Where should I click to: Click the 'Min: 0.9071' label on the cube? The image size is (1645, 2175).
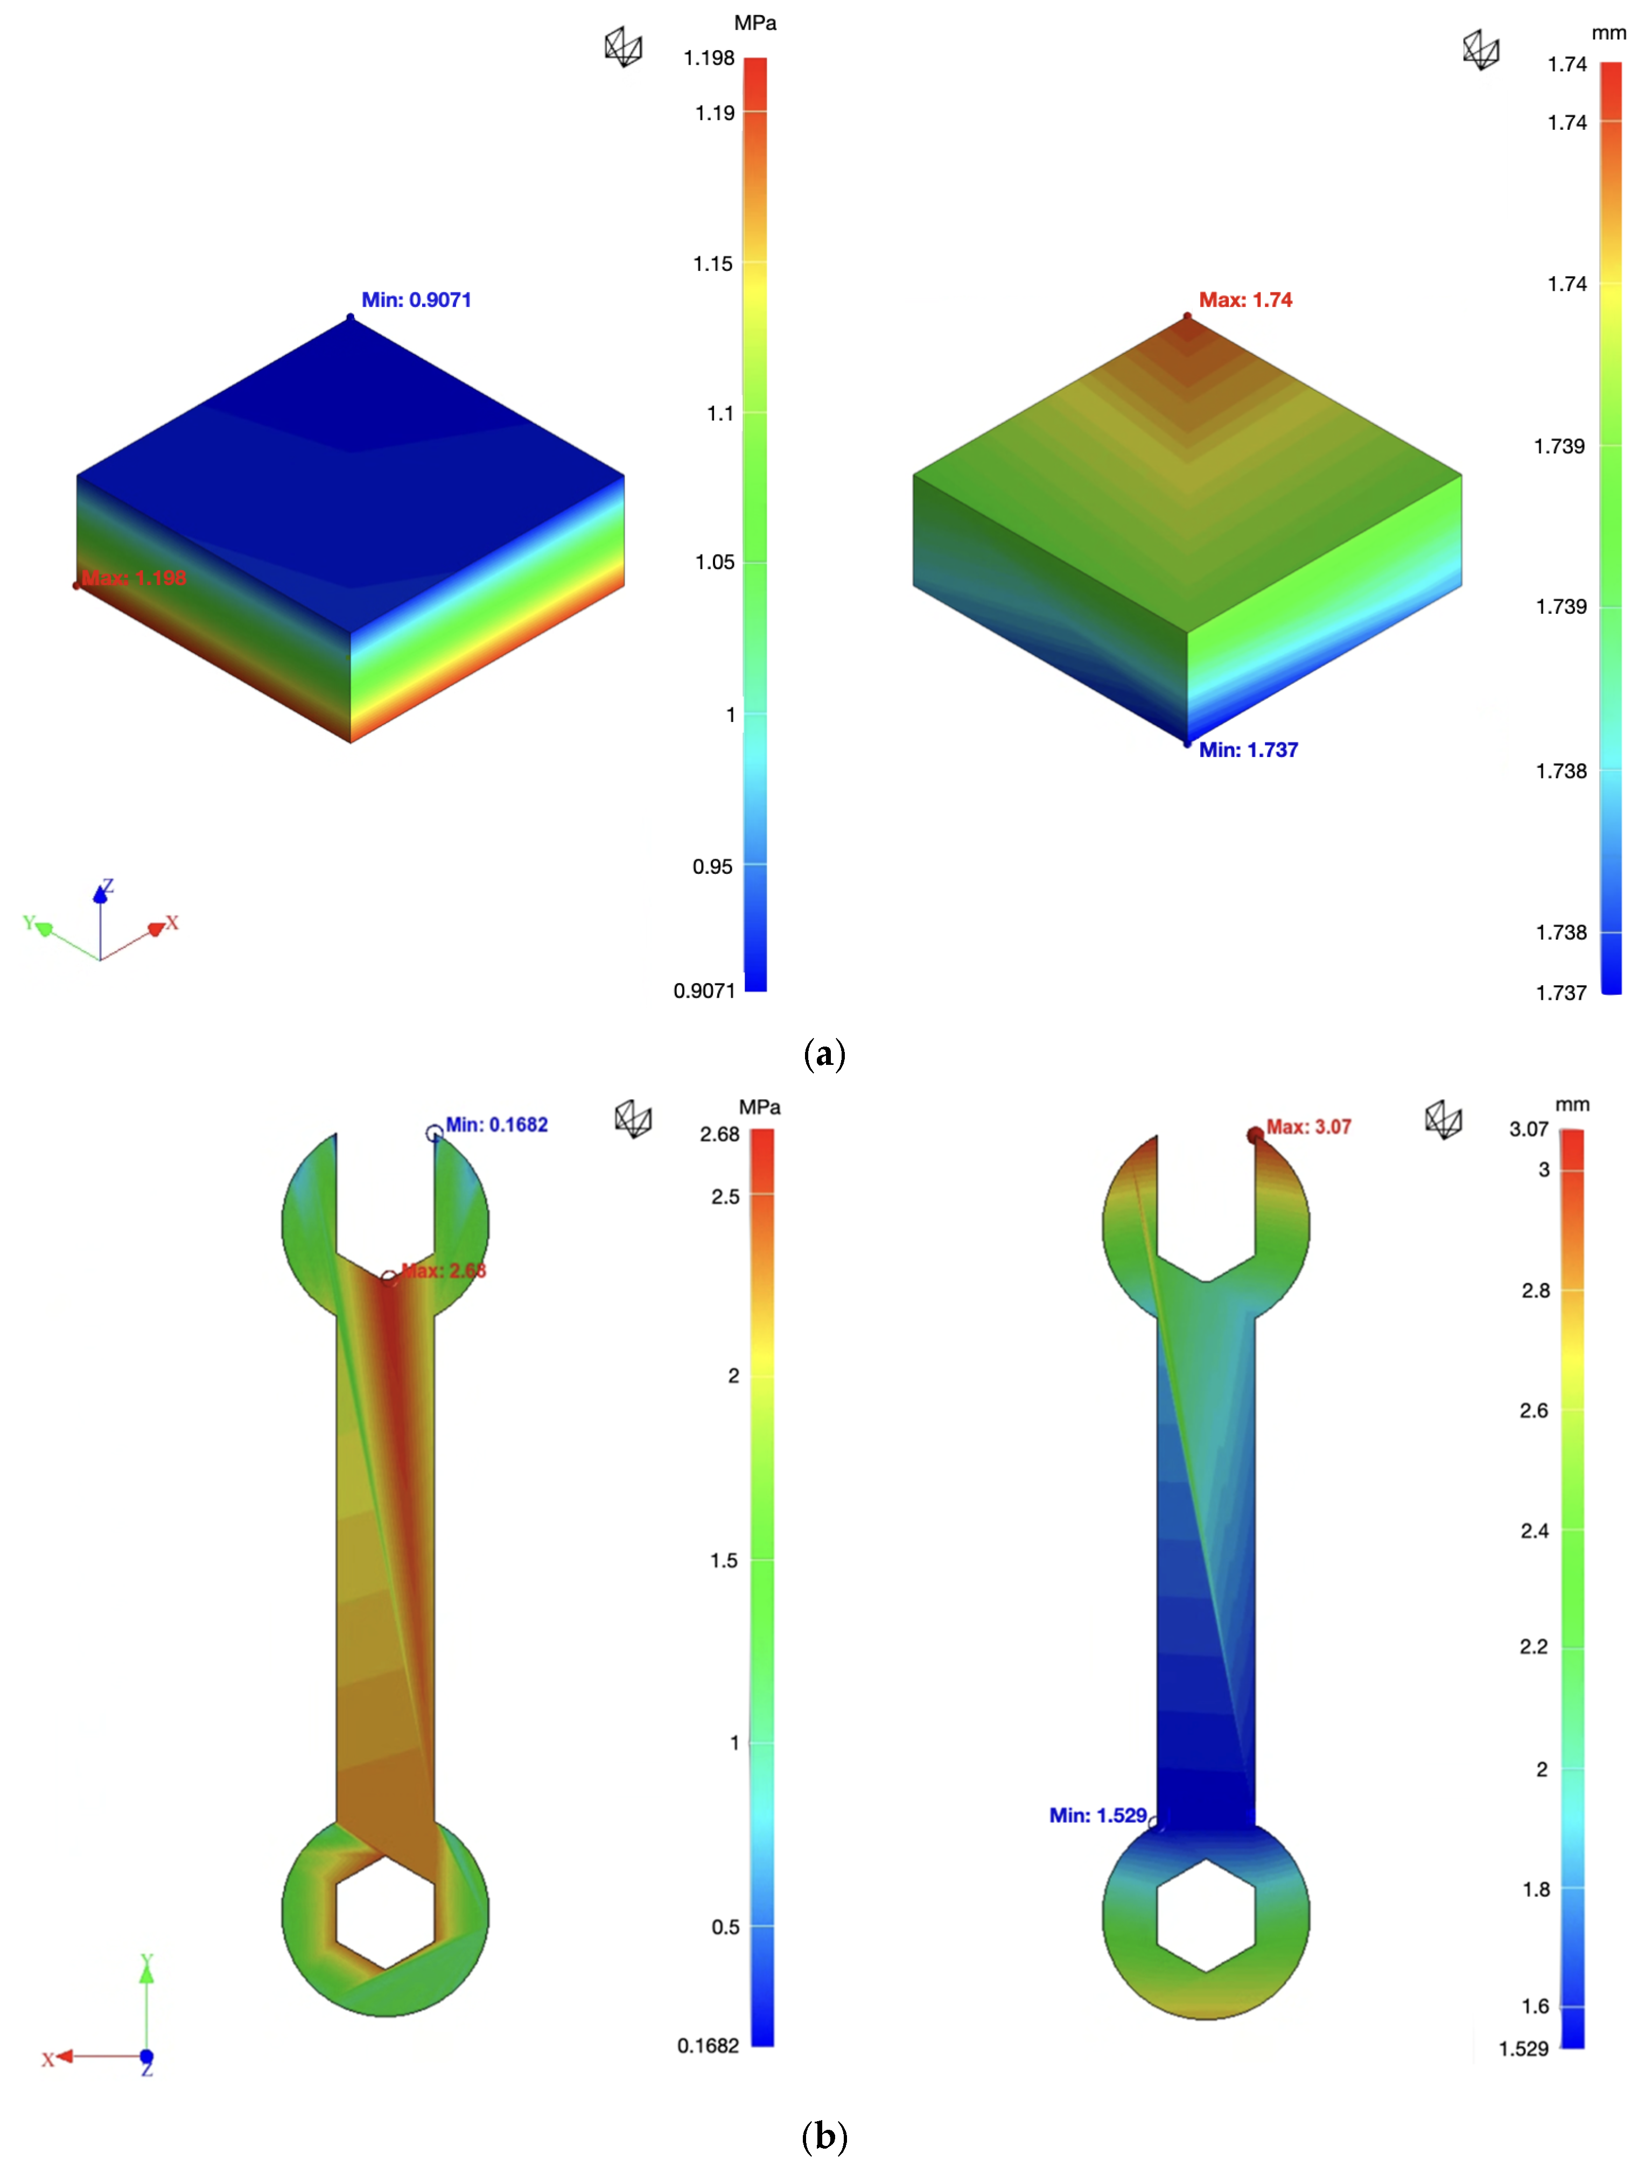click(x=416, y=300)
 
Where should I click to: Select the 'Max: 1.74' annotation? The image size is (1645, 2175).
click(x=1245, y=300)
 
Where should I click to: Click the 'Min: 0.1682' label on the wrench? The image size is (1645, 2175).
click(x=496, y=1124)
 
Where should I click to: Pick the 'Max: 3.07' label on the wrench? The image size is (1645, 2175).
click(x=1308, y=1127)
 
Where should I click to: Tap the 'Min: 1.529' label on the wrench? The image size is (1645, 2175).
click(x=1097, y=1815)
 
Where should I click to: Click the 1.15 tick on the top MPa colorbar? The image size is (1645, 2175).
click(x=713, y=263)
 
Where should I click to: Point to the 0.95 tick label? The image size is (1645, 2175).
click(x=713, y=866)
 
